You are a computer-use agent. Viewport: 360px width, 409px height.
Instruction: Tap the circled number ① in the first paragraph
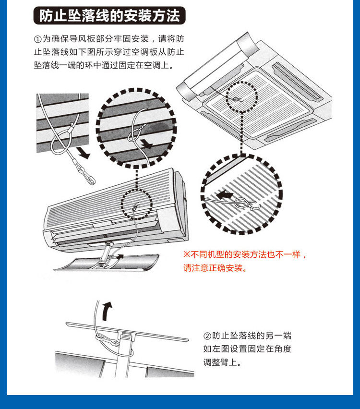[x=38, y=38]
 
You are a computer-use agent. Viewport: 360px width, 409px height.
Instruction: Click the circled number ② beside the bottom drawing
[x=207, y=336]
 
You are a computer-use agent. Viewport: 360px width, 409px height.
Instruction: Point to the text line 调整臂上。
[x=222, y=362]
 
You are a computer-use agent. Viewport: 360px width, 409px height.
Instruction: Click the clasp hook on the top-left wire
[x=88, y=177]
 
